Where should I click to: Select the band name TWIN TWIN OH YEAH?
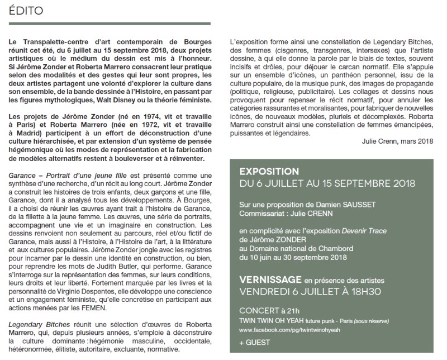(x=277, y=320)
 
